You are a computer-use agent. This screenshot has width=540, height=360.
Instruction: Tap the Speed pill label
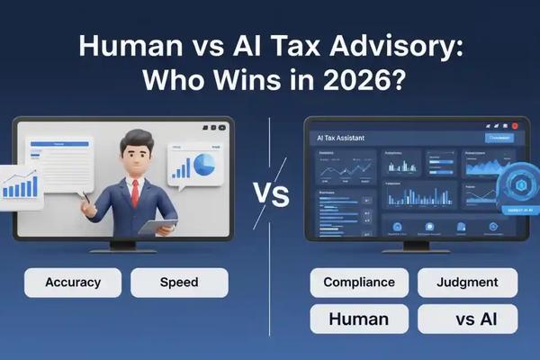click(x=179, y=283)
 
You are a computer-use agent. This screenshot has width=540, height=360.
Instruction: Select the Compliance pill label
click(x=359, y=283)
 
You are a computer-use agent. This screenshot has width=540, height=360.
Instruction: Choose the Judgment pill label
click(x=467, y=283)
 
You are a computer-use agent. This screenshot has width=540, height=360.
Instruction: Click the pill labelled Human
click(x=359, y=319)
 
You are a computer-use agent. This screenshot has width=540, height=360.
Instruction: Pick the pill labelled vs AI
click(x=467, y=319)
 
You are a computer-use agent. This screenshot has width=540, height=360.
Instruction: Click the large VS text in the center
click(x=270, y=193)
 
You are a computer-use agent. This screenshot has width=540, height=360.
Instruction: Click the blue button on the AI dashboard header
click(x=499, y=138)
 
